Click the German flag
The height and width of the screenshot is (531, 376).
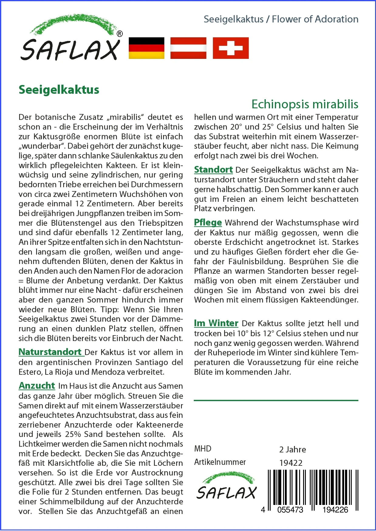tap(146, 48)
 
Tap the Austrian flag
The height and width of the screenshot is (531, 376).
tap(188, 48)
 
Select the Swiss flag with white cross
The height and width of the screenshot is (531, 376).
tap(231, 48)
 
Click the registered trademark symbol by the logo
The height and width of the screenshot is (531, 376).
tap(120, 34)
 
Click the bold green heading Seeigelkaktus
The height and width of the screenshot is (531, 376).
tap(59, 90)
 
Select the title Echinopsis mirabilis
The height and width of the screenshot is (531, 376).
tap(305, 104)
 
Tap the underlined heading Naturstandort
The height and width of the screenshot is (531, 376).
tap(50, 352)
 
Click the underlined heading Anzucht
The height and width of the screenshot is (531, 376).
tap(37, 386)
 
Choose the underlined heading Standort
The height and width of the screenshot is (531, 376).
tap(213, 170)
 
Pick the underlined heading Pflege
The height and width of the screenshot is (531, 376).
tap(208, 222)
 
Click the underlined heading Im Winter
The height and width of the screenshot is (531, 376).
tap(216, 323)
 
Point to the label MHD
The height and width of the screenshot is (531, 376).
tap(203, 449)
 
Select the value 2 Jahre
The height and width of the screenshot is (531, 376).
tap(292, 449)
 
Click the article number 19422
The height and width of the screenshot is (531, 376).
tap(291, 463)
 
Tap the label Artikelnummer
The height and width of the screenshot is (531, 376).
tap(220, 462)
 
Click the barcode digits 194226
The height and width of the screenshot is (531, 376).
tap(335, 510)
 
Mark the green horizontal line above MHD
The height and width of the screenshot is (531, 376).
tap(276, 401)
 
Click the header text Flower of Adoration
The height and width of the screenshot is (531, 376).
tap(315, 19)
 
